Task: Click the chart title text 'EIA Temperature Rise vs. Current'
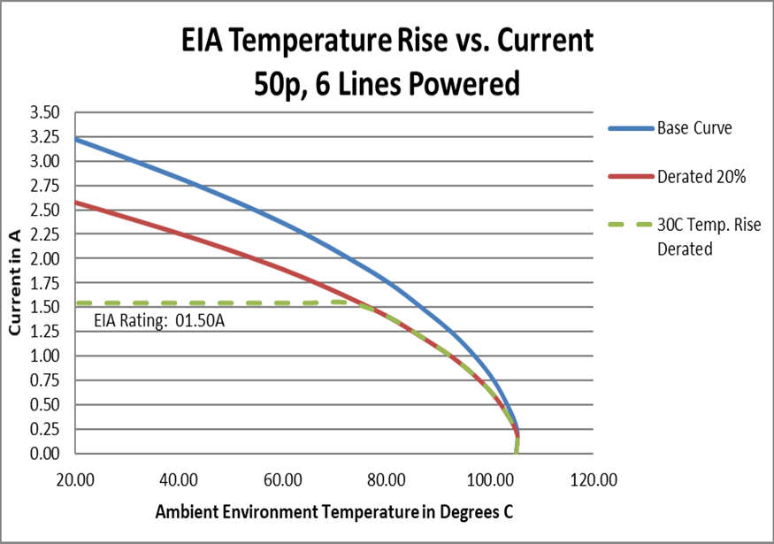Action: (x=387, y=42)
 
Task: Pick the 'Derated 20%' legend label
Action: (x=701, y=177)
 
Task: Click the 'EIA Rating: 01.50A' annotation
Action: (x=158, y=319)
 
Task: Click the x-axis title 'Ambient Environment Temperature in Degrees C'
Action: (x=334, y=512)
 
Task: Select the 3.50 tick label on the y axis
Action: (x=44, y=112)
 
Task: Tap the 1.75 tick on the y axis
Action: (x=44, y=283)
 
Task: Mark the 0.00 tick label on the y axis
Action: (x=44, y=454)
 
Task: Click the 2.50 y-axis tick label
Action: (x=44, y=210)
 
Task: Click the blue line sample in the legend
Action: (x=629, y=128)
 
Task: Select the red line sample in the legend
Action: (x=629, y=177)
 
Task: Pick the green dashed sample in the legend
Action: (x=629, y=226)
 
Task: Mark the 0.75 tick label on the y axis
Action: (x=44, y=380)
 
